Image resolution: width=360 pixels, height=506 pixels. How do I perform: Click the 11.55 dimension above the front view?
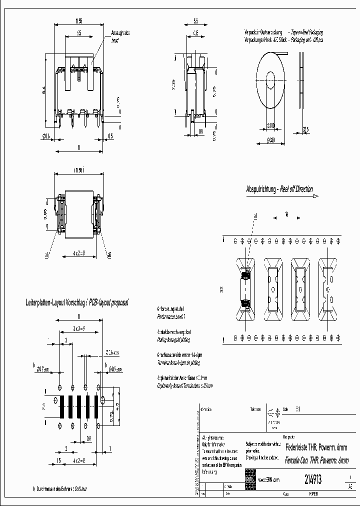(78, 21)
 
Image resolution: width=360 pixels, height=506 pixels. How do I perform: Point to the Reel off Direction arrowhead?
(315, 196)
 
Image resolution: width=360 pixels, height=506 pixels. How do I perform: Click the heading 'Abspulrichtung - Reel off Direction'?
(279, 189)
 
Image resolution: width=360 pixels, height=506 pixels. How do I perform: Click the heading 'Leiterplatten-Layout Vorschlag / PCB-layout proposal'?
(77, 303)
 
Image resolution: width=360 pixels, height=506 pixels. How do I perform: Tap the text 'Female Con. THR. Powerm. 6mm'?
(316, 460)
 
